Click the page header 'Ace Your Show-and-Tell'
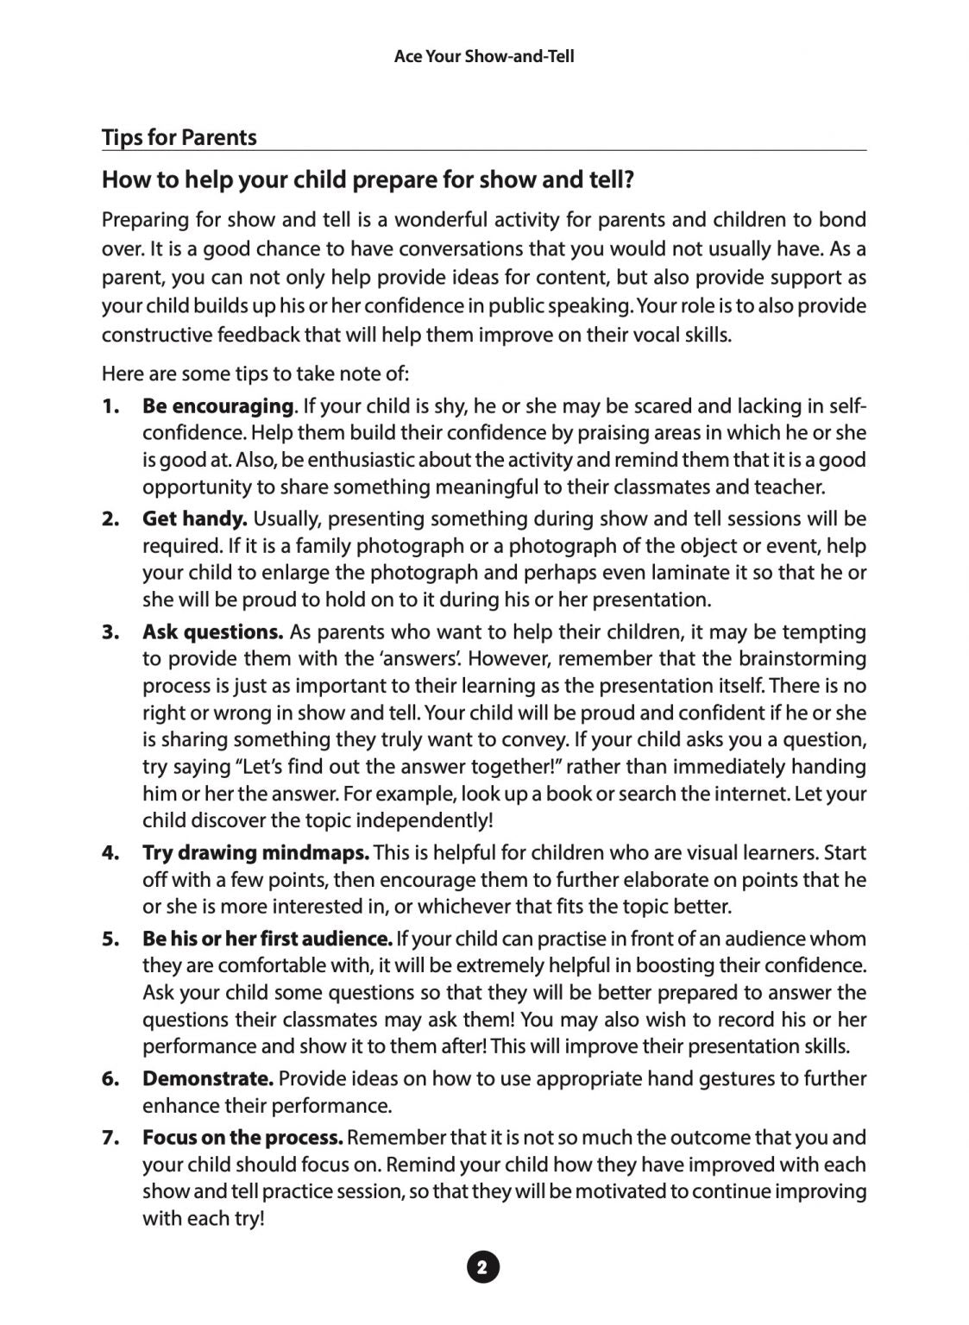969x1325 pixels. [x=483, y=57]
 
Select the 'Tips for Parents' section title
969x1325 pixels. [x=179, y=137]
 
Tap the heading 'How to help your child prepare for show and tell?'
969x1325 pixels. [x=368, y=180]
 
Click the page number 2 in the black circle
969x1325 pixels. [x=483, y=1267]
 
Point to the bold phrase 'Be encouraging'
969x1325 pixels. [x=217, y=405]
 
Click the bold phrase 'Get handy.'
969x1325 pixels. [x=195, y=518]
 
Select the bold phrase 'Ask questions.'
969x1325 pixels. [x=212, y=631]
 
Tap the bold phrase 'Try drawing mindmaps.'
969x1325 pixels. [x=255, y=852]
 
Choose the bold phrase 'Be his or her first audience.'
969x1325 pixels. [x=267, y=939]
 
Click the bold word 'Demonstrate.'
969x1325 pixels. [x=208, y=1078]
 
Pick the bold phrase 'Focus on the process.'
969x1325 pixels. [x=242, y=1138]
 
